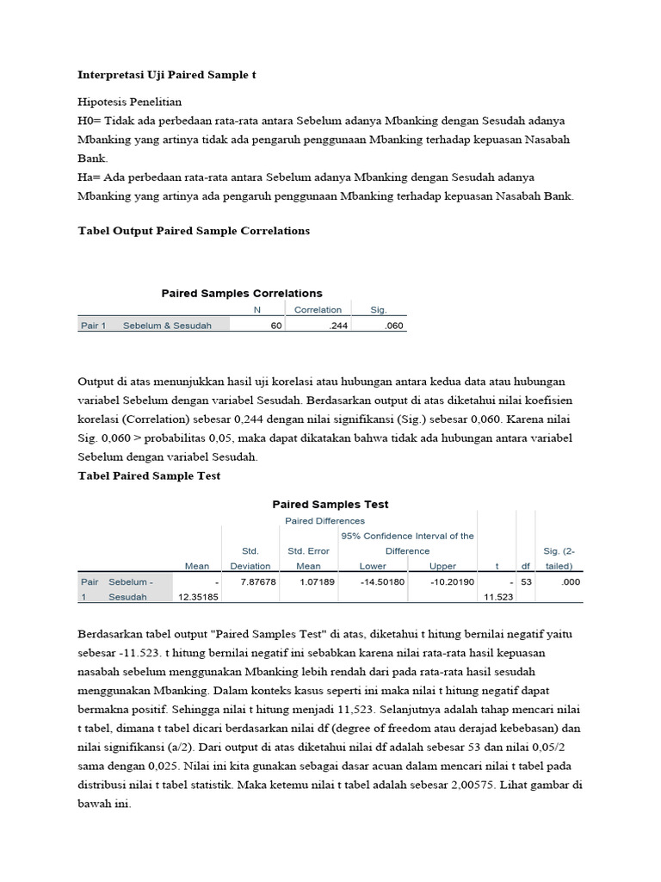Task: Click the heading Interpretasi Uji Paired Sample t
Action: click(167, 76)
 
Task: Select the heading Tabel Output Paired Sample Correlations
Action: click(194, 231)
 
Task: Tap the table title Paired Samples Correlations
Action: click(242, 294)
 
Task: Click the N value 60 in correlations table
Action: click(275, 326)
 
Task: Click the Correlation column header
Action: click(318, 310)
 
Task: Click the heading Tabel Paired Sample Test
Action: click(149, 476)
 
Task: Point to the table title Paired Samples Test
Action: click(330, 505)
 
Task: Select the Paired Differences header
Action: click(324, 521)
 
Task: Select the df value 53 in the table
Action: click(526, 582)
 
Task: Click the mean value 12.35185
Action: click(197, 597)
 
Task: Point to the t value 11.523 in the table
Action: click(498, 597)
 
